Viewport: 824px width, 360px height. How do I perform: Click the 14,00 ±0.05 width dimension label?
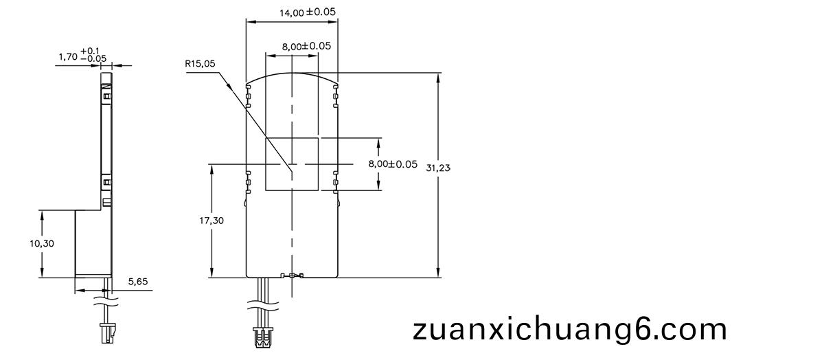308,12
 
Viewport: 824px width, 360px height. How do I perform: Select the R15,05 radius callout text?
200,64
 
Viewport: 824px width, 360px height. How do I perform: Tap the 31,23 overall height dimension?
438,168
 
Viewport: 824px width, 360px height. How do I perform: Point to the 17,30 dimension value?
211,221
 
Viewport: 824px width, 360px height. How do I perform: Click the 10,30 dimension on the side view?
42,243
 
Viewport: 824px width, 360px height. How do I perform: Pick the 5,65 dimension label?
138,282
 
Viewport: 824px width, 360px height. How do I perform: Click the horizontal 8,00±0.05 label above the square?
306,47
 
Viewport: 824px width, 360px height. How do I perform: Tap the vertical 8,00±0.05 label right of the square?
393,164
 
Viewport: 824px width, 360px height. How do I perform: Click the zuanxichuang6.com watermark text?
570,330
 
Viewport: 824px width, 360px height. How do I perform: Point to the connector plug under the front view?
263,337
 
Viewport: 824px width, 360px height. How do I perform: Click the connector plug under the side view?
108,333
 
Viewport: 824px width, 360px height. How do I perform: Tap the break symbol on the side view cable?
106,302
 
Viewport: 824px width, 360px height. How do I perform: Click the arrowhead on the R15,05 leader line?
229,85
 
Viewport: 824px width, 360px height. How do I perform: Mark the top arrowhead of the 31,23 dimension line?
438,78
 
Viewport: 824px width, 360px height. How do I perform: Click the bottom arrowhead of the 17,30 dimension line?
212,272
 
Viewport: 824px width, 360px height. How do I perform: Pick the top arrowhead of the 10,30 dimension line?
42,216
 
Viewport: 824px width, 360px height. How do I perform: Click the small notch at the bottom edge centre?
292,275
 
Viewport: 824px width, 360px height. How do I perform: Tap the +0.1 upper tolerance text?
89,50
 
